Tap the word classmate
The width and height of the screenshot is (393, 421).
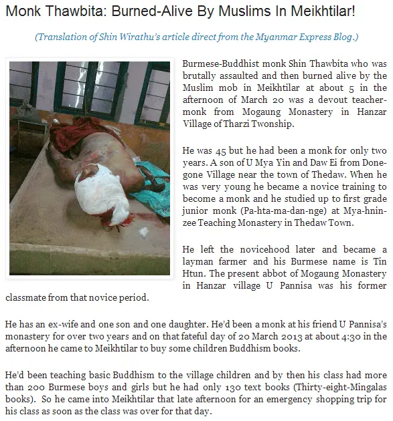[x=27, y=297]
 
